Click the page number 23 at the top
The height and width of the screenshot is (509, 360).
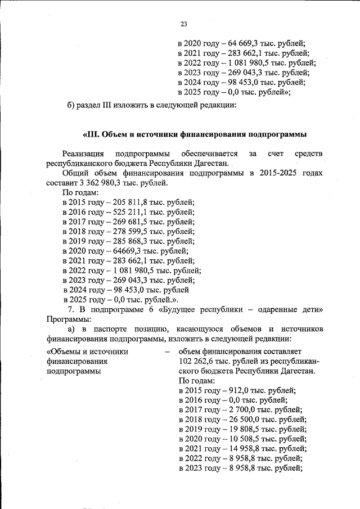click(x=183, y=24)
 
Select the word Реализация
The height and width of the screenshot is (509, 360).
click(x=83, y=153)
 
